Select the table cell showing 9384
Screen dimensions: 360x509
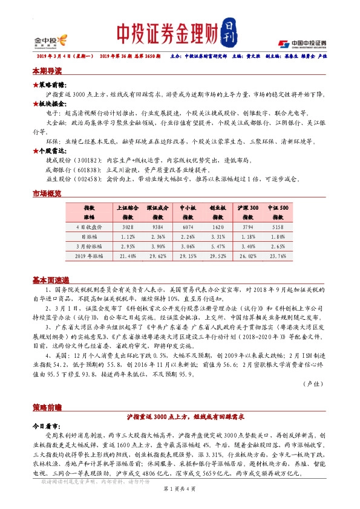[157, 227]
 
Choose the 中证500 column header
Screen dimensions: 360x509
[280, 210]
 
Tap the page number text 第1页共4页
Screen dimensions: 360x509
[179, 497]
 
